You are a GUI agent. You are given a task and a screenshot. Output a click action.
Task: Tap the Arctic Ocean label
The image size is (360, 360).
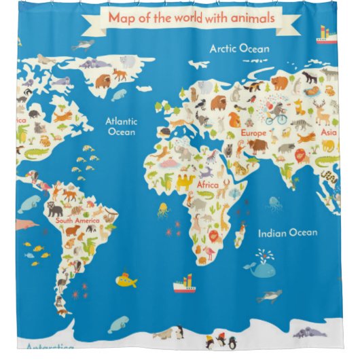point(239,49)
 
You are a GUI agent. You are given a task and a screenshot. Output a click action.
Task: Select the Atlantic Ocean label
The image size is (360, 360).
point(122,126)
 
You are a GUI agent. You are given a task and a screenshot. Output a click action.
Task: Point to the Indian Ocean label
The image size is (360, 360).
point(287,233)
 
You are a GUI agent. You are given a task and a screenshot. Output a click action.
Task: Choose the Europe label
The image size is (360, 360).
point(254,133)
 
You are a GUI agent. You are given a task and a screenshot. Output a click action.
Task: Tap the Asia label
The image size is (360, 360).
point(329,132)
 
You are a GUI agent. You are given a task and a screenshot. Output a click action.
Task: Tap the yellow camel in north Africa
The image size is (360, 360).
point(185,181)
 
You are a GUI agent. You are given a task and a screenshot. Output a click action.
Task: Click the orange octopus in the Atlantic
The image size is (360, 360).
point(163,210)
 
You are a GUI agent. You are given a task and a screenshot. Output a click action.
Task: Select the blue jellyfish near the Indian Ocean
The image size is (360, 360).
point(274,203)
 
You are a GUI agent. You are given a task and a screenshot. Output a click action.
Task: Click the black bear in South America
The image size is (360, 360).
point(54,206)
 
